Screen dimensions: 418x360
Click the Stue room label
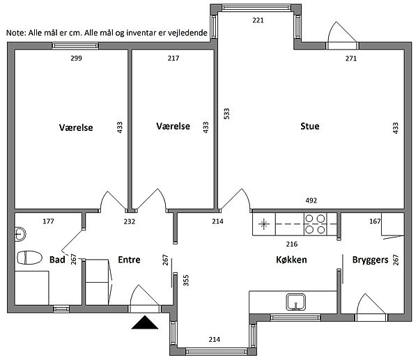pos(310,126)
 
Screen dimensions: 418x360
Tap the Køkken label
pos(291,260)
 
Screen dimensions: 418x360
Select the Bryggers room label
pos(371,260)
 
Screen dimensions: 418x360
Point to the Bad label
pos(57,260)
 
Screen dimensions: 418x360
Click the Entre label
pos(129,260)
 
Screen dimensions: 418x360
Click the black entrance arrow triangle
pos(145,322)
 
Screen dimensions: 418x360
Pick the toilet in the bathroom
pos(29,258)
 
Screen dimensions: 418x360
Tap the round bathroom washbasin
pos(20,234)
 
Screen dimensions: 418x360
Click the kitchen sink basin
pos(295,302)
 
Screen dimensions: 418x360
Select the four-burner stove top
pos(315,224)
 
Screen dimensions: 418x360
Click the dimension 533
pos(226,114)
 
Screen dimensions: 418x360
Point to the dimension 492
pos(311,201)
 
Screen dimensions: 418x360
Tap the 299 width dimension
pos(76,58)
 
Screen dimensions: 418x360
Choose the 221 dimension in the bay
pos(258,20)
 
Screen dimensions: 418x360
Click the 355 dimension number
pos(186,281)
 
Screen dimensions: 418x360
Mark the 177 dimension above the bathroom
pos(48,221)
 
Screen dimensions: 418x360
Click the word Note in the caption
pos(15,33)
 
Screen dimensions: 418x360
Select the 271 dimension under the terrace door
pos(351,58)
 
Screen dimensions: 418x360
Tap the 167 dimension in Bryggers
pos(375,221)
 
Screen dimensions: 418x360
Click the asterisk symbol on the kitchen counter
pos(263,224)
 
